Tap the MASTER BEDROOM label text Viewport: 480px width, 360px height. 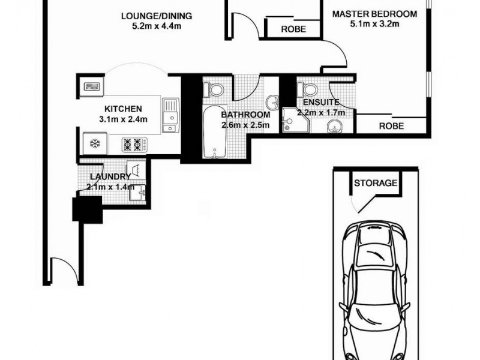(374, 14)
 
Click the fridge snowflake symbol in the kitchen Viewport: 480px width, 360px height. (94, 143)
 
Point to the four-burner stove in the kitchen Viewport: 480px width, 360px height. (135, 144)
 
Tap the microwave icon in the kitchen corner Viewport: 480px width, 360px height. (91, 87)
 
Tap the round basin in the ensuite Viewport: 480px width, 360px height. (335, 127)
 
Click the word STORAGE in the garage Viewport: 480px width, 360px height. (375, 183)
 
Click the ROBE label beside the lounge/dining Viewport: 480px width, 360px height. (293, 29)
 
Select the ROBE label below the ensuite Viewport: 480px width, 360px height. (391, 126)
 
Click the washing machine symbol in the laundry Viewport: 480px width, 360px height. (137, 169)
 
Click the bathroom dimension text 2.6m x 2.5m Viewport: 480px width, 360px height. (245, 125)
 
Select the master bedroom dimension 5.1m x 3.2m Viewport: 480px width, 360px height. (374, 24)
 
